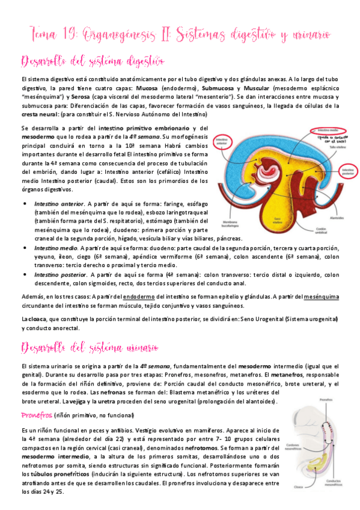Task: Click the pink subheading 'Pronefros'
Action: (36, 415)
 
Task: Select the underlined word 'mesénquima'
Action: (322, 296)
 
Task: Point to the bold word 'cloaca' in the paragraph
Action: (40, 318)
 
